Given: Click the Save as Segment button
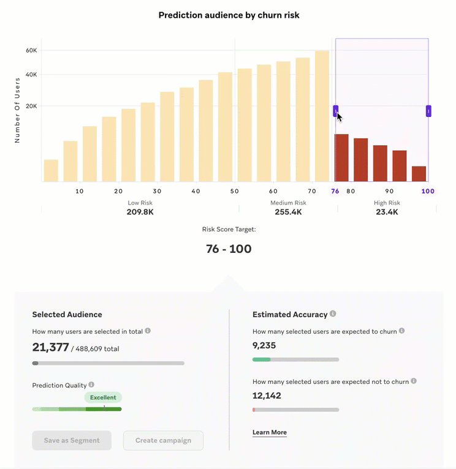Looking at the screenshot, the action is (72, 440).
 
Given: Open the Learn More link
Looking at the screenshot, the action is (270, 432).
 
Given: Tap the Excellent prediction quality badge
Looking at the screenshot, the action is (103, 397).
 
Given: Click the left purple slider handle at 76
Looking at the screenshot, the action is (336, 111).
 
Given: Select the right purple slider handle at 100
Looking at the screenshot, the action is (428, 111).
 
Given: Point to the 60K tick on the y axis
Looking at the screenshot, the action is (31, 50).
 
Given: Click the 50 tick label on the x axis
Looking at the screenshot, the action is (235, 191).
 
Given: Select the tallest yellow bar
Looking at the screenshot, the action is (322, 116).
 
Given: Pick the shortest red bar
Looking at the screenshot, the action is (419, 174).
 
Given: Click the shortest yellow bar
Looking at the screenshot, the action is (51, 170).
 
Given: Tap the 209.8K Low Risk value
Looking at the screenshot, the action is (140, 212).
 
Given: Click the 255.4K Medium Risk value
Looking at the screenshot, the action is (288, 212).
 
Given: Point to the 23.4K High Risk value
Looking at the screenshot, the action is (387, 212).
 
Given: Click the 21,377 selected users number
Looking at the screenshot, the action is (51, 347).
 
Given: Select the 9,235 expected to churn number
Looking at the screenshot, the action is (264, 345).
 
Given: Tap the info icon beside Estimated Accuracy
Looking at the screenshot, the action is (333, 313).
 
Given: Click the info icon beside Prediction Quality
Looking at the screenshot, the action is (91, 385).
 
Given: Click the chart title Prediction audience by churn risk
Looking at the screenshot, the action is (229, 15).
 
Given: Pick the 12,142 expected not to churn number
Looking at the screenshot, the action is (267, 396).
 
